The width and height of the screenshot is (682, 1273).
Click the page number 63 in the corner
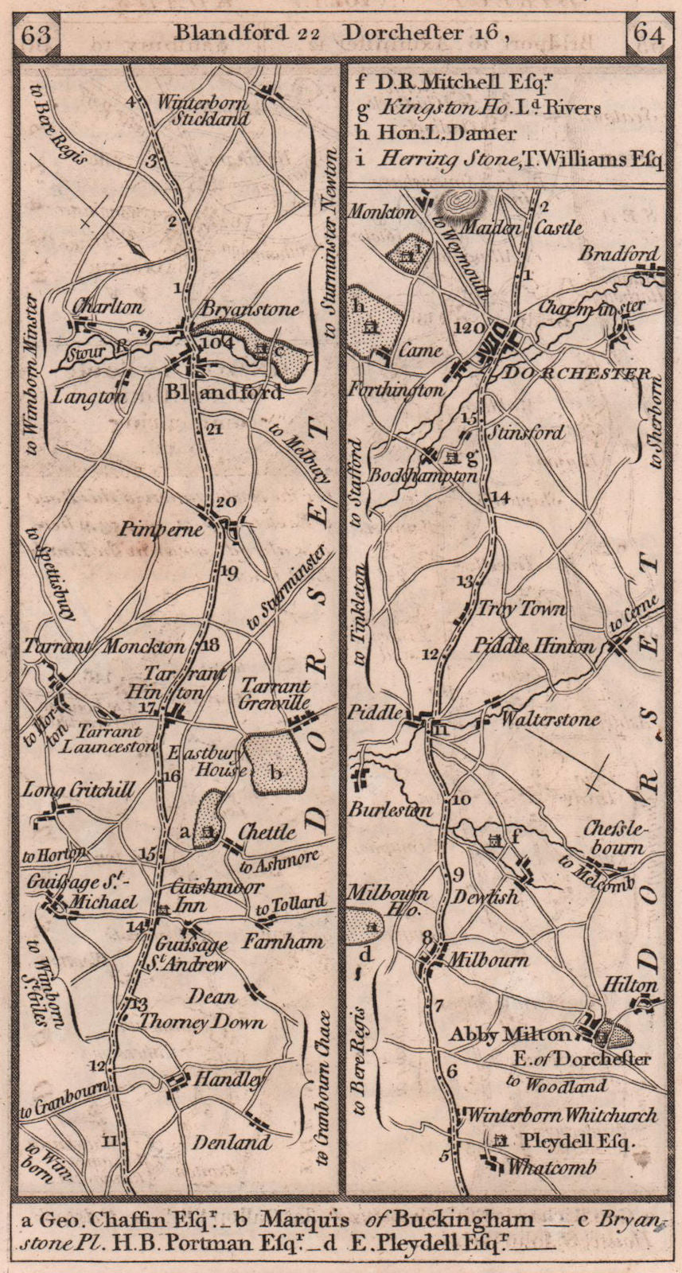pos(37,35)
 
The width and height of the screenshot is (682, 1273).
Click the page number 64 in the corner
pos(648,35)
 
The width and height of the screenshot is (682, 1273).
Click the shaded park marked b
pos(275,761)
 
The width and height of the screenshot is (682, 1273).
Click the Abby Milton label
pos(510,1034)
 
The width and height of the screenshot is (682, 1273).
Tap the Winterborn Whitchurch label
pos(563,1115)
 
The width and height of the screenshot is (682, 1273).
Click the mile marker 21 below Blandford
pos(212,430)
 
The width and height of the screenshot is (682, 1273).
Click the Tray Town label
pos(520,609)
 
